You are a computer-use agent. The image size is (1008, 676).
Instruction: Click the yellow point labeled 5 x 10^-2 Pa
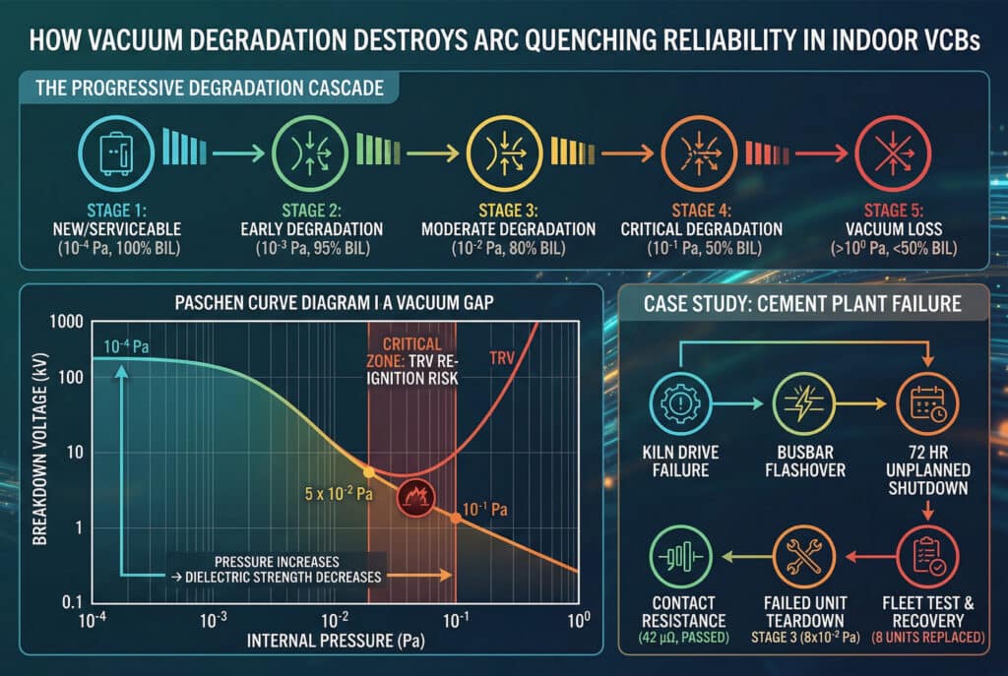(369, 473)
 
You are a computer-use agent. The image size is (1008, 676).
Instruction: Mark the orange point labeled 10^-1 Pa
(455, 518)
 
